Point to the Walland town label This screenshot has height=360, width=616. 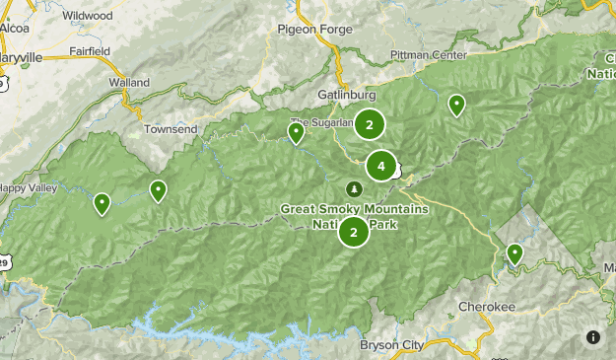129,82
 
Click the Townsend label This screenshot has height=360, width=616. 171,129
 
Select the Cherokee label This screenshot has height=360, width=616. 487,307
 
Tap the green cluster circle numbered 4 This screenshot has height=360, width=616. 381,166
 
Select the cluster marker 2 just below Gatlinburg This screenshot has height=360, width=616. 370,124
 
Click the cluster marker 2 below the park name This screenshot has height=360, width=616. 354,233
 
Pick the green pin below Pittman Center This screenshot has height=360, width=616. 456,104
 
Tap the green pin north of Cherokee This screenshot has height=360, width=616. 514,254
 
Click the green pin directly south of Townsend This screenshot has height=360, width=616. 158,190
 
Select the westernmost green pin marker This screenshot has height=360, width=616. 102,203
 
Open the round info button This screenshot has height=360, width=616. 593,337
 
